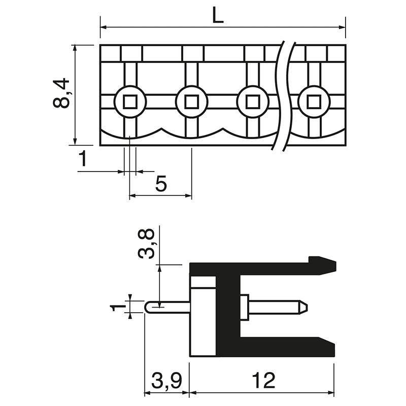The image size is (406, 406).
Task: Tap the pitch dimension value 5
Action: (x=161, y=184)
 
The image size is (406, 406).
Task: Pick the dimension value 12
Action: (x=262, y=380)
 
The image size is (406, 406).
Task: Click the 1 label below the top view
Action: (x=83, y=159)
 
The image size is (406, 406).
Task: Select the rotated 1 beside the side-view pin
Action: (x=118, y=307)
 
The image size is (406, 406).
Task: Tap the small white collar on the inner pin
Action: (x=244, y=307)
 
